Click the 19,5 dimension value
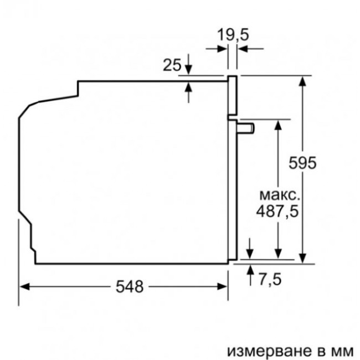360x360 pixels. coord(233,35)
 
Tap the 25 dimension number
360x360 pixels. coord(172,65)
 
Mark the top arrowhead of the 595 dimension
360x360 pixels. coord(302,81)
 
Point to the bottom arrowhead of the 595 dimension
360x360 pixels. coord(302,258)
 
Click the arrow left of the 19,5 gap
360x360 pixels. coord(222,49)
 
